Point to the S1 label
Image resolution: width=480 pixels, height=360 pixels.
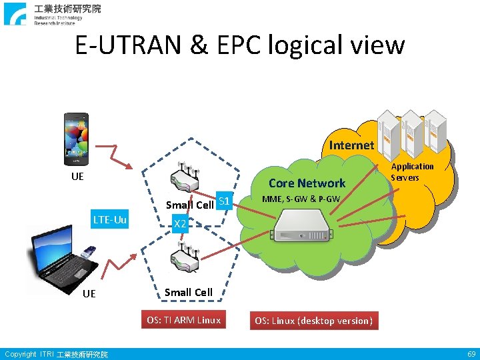pos(224,201)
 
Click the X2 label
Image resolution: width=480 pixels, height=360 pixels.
pos(179,225)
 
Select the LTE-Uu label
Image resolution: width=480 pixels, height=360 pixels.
pos(111,219)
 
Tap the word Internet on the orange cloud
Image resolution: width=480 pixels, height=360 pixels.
pos(351,145)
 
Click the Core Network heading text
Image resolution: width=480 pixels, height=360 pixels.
pos(307,183)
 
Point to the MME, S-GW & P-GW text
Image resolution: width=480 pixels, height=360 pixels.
pos(301,199)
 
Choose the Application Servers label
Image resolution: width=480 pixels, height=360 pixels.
pos(412,172)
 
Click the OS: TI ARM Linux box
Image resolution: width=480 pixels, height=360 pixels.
pos(183,320)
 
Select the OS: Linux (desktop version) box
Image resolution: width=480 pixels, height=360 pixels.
pos(313,321)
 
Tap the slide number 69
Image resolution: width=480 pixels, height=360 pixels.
pos(471,354)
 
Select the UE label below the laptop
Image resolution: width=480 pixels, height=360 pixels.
pos(89,294)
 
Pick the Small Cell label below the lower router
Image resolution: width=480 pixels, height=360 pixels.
pos(188,292)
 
